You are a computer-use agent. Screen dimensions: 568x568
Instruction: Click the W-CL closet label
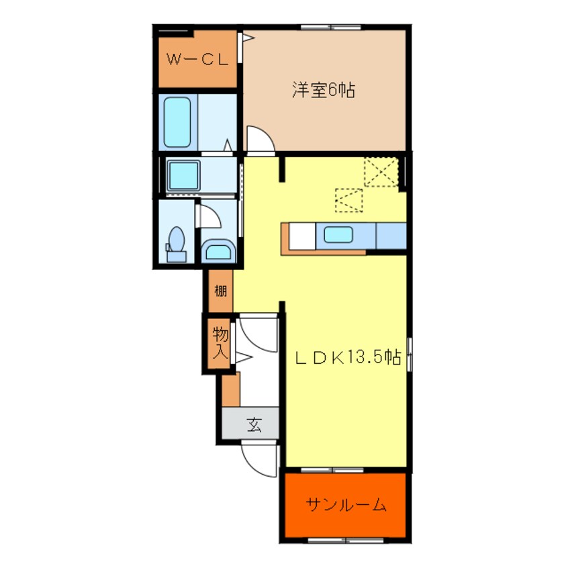pos(197,59)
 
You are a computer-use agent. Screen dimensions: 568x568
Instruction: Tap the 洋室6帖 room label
pos(323,90)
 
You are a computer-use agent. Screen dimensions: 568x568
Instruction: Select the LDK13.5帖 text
pos(348,358)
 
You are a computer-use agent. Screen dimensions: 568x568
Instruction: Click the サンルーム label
pos(346,504)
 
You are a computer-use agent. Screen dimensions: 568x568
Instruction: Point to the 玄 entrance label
pos(254,424)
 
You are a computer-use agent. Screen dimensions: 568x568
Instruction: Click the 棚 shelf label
pos(221,291)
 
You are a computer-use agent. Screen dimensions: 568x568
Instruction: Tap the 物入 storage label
pos(220,342)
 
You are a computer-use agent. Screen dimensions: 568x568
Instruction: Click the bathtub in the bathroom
pos(177,122)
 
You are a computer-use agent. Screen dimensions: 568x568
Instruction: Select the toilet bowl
pos(177,244)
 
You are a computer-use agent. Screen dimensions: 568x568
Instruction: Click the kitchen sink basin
pos(338,235)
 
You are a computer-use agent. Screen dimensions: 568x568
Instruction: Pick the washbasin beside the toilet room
pos(218,250)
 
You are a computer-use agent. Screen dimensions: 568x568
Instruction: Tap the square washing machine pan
pos(184,175)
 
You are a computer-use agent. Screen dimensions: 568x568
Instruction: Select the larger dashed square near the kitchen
pos(381,172)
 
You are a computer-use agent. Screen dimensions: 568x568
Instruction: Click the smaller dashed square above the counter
pos(349,200)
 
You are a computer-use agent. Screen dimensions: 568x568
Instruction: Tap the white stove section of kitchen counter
pos(302,236)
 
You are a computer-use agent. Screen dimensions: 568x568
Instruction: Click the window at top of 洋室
pos(331,27)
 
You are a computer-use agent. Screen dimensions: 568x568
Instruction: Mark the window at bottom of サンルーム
pos(346,540)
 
